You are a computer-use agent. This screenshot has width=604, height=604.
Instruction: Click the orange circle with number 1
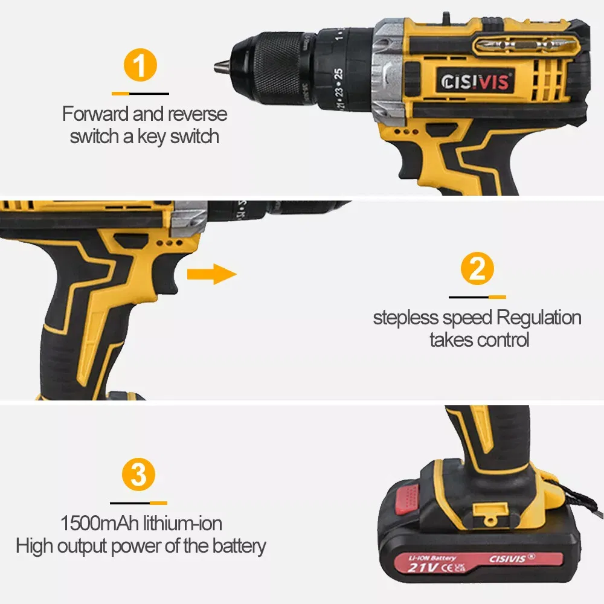point(140,66)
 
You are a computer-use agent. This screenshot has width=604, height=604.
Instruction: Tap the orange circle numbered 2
point(477,269)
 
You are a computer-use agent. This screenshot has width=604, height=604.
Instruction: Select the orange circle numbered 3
point(139,475)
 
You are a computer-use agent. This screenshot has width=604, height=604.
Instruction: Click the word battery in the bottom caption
point(239,546)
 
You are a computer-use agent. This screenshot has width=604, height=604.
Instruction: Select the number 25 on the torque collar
point(339,74)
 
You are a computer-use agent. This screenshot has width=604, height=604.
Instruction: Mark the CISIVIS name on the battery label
point(513,561)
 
